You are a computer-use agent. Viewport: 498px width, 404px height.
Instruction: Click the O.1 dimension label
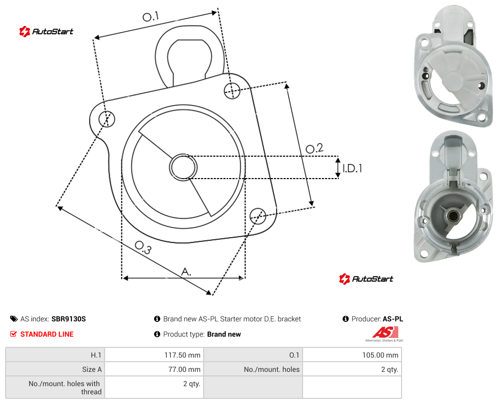[151, 16]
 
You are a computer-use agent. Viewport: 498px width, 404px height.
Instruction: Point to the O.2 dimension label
[314, 148]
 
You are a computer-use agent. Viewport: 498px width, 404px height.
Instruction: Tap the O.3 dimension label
[143, 247]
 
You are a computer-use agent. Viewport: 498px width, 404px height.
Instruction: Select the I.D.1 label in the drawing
[352, 168]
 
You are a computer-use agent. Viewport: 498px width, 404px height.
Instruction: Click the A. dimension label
[186, 272]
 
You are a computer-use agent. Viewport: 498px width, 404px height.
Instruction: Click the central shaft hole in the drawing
[183, 167]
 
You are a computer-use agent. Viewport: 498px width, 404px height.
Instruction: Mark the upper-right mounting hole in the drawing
[232, 90]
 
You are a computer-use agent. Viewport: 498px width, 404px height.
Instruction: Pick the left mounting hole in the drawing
[107, 119]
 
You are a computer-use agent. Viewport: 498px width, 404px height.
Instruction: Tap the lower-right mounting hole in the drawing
[258, 216]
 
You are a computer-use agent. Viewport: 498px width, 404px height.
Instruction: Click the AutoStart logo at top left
[46, 32]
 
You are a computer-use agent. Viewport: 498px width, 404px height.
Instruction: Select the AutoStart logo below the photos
[366, 279]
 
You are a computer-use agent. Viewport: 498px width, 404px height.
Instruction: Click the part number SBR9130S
[68, 319]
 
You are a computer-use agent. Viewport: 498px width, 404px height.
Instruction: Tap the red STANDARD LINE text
[47, 334]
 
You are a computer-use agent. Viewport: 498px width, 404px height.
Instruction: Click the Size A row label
[92, 369]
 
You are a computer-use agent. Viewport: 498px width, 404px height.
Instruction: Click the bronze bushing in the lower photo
[452, 217]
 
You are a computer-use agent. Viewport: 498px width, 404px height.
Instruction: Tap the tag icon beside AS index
[14, 319]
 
